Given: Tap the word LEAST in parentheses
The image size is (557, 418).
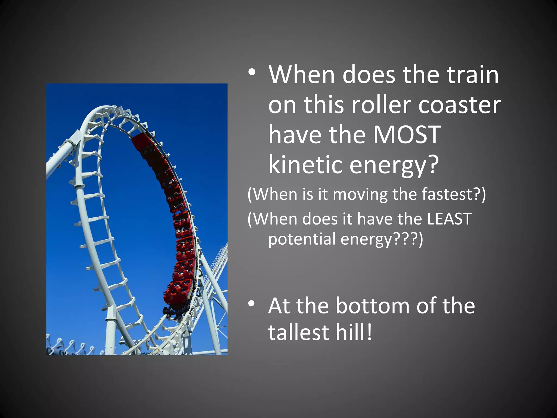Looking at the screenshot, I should point(449,219).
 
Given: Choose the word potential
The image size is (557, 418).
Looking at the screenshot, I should point(302,239).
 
